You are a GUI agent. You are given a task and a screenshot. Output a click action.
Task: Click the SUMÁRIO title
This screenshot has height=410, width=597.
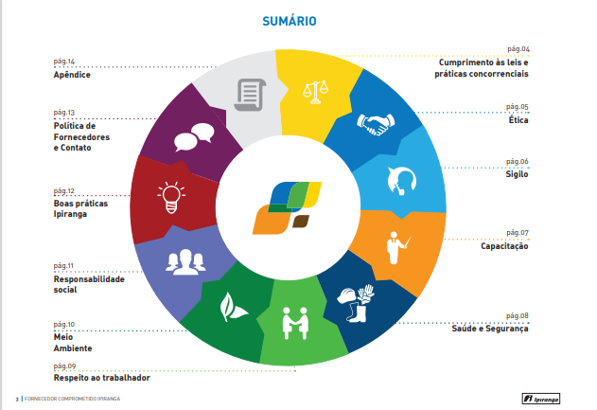(290, 21)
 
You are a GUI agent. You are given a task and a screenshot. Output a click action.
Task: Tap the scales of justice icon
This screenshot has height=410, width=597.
(315, 92)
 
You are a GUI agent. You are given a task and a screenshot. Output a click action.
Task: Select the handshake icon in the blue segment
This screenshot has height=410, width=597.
(376, 124)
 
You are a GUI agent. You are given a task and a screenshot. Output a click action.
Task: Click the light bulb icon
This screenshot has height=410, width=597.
(171, 197)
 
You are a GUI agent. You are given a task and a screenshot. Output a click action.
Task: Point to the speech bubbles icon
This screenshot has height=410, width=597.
(194, 137)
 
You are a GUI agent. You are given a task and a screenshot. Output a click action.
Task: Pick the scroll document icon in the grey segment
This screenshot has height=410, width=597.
(250, 95)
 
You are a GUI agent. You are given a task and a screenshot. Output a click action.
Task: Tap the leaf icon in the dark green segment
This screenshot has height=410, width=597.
(233, 307)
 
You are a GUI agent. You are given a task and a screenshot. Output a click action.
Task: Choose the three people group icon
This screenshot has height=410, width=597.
(185, 262)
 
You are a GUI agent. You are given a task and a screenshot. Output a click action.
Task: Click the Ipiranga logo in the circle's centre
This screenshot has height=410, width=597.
(287, 207)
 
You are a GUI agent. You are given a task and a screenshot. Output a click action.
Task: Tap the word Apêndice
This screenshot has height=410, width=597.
(72, 75)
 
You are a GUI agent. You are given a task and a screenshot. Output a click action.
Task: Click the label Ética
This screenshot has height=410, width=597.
(518, 119)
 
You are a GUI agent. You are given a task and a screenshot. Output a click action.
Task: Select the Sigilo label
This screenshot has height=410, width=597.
(517, 174)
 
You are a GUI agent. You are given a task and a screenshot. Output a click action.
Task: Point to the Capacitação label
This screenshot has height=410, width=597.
(504, 246)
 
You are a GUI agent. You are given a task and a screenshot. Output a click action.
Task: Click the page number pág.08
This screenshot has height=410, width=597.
(517, 316)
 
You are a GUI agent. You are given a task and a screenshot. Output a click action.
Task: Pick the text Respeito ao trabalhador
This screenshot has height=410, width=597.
(101, 378)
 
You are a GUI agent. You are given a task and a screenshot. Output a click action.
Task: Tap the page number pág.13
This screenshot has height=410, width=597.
(64, 113)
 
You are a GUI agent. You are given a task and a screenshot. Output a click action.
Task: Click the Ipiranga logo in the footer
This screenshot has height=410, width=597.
(540, 399)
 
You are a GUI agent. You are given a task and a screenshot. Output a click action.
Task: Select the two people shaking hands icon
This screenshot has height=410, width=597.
(295, 323)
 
